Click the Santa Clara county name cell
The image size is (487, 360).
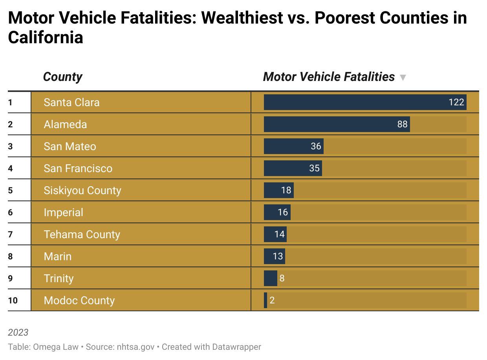coord(71,102)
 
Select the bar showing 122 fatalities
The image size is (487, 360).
coord(364,102)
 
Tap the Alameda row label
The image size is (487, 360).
coord(65,124)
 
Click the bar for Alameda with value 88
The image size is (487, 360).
coord(336,124)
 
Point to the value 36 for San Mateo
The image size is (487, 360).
coord(316,146)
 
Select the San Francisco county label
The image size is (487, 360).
coord(78,168)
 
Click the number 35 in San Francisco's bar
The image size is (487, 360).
coord(314,168)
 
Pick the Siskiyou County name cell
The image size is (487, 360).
coord(82,190)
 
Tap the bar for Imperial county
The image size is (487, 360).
coord(277,212)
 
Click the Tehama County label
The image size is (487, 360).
coord(82,234)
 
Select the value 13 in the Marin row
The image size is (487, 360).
coord(278,256)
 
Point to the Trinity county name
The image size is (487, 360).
coord(59,278)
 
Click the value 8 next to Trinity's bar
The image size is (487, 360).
coord(282,278)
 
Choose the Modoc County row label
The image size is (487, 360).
coord(79,300)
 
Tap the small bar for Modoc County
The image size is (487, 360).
coord(265,300)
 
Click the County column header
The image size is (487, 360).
coord(62,77)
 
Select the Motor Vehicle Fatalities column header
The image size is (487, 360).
coord(329,77)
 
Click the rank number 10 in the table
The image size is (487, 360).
coord(13,300)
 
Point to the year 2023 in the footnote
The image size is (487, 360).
coord(18,332)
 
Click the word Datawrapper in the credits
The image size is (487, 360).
coord(238,347)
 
